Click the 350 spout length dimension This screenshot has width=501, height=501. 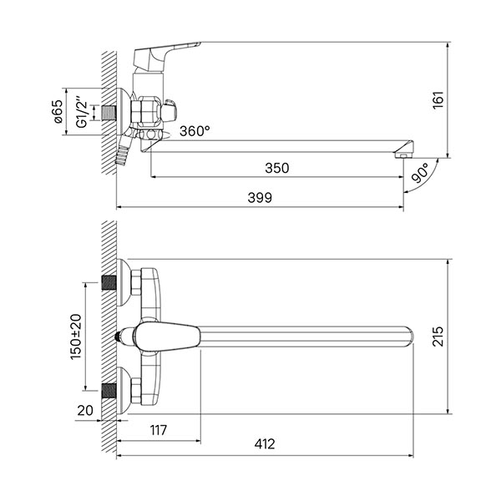point(277,168)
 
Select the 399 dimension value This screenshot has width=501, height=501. point(260,198)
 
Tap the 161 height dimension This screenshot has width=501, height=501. point(438,100)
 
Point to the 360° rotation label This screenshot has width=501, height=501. point(195,131)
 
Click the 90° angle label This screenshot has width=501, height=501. point(421,173)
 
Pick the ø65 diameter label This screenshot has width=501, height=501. point(58,112)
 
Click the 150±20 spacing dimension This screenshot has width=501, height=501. point(76,337)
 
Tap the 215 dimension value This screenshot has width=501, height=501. point(438,337)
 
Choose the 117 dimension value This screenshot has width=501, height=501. point(159,430)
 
